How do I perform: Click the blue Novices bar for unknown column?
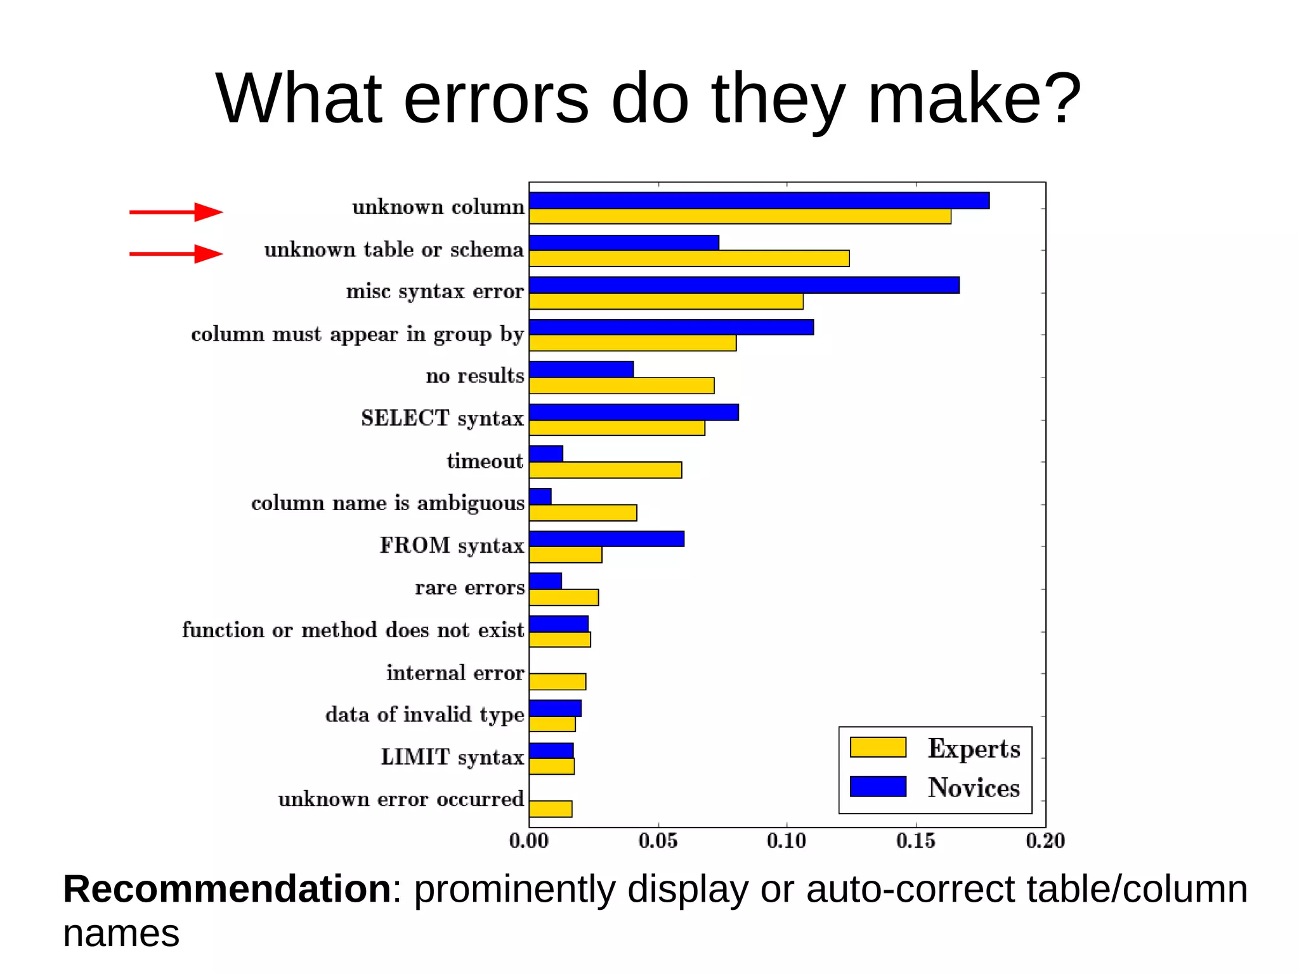(x=759, y=201)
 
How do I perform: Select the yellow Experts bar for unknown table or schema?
(x=689, y=259)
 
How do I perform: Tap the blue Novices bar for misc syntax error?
(x=744, y=285)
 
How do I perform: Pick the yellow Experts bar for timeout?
(x=605, y=470)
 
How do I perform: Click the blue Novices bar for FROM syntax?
(x=606, y=539)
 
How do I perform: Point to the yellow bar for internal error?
(x=558, y=682)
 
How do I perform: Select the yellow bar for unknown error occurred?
(x=551, y=809)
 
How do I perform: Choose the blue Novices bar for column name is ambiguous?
(x=540, y=496)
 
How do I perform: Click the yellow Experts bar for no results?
(x=622, y=386)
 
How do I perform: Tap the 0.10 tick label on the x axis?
(x=787, y=841)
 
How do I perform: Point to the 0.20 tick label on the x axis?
(x=1045, y=841)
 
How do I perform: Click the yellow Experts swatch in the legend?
(x=878, y=747)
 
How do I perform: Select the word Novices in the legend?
(x=974, y=787)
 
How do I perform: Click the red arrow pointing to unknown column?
(x=176, y=212)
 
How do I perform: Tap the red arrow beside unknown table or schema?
(x=176, y=254)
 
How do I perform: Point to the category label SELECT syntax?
(x=442, y=418)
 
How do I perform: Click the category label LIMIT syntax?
(x=452, y=757)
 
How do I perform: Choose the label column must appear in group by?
(x=357, y=334)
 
